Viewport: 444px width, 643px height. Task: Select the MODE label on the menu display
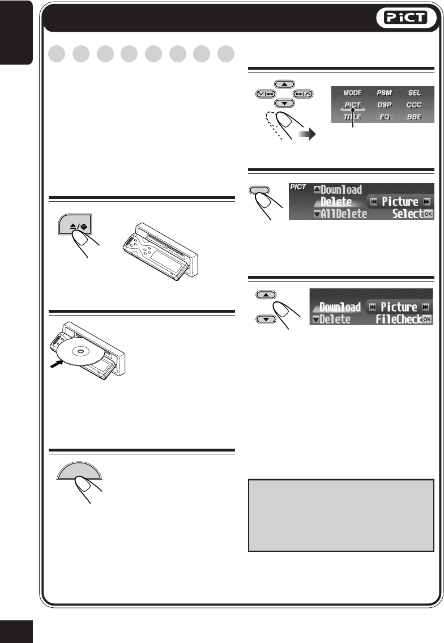point(352,92)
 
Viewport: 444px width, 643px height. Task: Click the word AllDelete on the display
point(344,214)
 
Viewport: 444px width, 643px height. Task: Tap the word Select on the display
point(407,214)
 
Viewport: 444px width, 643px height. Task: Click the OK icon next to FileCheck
point(427,320)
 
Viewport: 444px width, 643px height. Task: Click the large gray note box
point(341,515)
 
